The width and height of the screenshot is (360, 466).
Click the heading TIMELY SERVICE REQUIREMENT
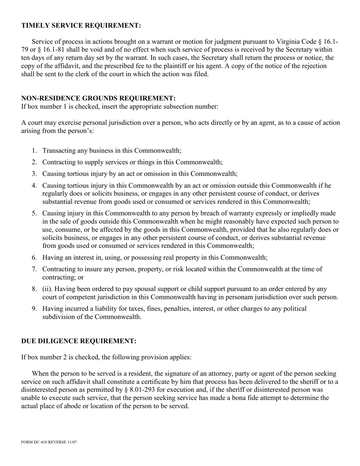point(81,25)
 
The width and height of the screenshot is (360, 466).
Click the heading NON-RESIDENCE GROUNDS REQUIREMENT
point(98,99)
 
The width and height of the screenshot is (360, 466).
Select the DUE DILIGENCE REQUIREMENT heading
point(78,341)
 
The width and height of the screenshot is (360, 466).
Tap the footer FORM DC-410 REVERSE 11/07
point(49,442)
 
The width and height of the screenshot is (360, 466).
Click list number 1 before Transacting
point(34,151)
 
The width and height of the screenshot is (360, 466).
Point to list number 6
point(34,258)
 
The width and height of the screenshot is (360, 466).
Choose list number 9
point(34,309)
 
